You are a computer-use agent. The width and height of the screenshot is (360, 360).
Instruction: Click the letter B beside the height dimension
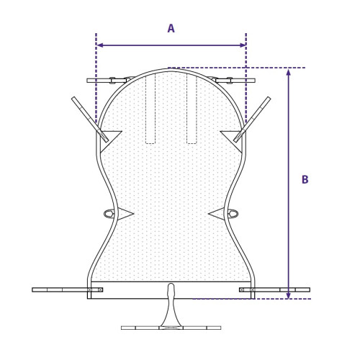coord(305,180)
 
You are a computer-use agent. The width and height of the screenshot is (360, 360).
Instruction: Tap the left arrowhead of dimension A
coord(99,45)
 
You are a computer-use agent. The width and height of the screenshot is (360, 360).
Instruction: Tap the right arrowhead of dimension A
coord(243,45)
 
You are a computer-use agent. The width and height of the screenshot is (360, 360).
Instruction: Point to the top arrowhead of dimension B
coord(289,72)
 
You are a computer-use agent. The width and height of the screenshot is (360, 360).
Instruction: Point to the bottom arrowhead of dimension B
coord(289,295)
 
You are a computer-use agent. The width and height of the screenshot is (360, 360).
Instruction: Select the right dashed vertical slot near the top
coord(192,108)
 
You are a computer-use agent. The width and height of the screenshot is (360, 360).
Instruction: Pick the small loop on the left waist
coord(109,214)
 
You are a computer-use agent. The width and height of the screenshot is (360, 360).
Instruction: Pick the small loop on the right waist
coord(233,214)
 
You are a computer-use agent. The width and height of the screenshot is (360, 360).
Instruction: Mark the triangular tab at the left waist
coord(125,214)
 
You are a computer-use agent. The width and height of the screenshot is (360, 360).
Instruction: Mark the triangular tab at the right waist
coord(217,214)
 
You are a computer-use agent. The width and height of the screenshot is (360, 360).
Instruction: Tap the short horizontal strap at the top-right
coord(238,81)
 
